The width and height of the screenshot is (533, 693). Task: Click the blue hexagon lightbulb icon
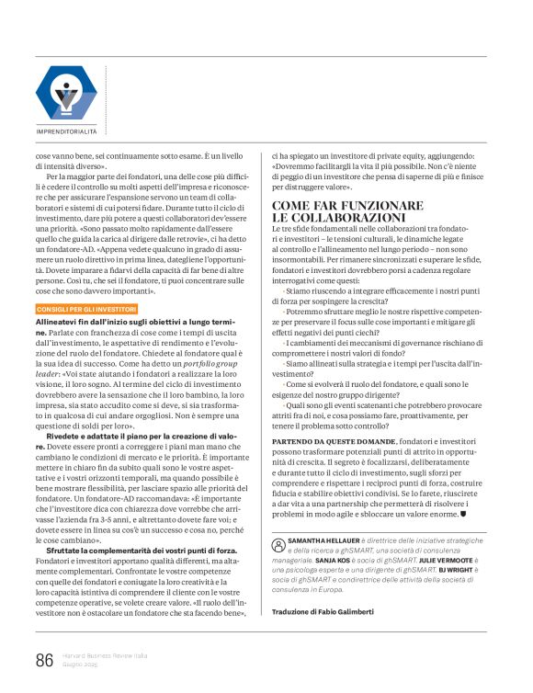(65, 95)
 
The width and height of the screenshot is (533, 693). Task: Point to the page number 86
(44, 659)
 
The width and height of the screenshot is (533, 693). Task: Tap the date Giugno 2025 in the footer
(82, 665)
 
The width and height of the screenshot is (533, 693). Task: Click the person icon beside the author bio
(278, 545)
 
